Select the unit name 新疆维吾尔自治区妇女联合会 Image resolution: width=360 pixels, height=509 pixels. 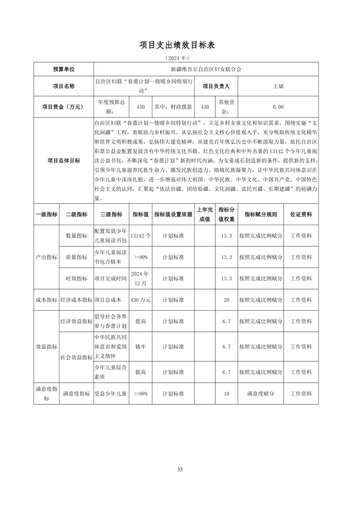coord(206,69)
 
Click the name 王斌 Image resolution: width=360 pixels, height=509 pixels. coord(278,86)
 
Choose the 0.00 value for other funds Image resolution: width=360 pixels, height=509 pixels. coord(278,107)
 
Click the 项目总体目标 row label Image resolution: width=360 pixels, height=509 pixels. coord(64,161)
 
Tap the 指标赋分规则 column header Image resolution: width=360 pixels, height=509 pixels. coord(260,214)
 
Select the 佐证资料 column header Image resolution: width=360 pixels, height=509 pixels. coord(301,214)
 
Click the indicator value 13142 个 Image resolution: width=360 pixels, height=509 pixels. coord(141,235)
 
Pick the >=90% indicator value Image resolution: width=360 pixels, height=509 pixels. coord(141,257)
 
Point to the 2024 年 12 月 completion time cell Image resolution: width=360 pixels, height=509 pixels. coord(141,278)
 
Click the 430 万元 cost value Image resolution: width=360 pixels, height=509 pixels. coord(141,300)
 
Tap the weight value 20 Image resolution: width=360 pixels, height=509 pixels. coord(226,300)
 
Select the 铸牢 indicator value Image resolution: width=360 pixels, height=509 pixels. coord(141,347)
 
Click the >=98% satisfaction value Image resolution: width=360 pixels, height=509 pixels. coord(141,394)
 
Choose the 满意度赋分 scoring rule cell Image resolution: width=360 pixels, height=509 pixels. coord(260,394)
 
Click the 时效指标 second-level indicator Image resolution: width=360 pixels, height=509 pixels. coord(76,278)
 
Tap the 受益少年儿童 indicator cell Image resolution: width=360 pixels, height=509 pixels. coord(111,394)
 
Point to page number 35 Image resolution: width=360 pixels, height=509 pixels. coord(180,469)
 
